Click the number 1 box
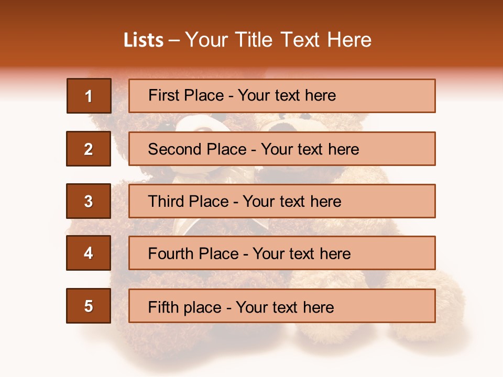coord(89,96)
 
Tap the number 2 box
coord(89,149)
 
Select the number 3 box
coord(89,201)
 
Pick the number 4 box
coord(89,253)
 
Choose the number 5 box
coord(89,306)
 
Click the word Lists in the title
coord(144,40)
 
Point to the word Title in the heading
coord(255,40)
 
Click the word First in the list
coord(164,95)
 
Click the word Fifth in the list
coord(164,307)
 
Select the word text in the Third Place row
coord(293,202)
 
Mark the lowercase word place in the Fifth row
coord(202,307)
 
